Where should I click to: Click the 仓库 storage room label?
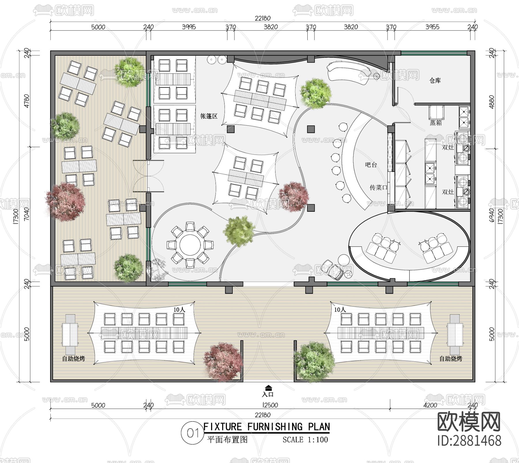click(435, 80)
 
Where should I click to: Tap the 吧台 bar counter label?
click(371, 165)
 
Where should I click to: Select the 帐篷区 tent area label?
click(209, 116)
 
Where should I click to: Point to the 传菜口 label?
click(378, 188)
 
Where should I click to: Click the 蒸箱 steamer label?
click(436, 123)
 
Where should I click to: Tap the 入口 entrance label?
click(268, 394)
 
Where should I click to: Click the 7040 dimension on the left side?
click(27, 214)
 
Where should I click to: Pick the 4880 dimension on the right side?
click(492, 102)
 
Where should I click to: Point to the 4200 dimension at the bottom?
click(430, 405)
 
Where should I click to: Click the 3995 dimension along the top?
click(189, 27)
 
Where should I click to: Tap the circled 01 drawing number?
click(192, 433)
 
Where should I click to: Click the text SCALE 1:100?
click(305, 440)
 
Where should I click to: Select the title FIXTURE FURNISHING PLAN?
click(266, 427)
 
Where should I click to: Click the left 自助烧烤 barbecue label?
click(74, 359)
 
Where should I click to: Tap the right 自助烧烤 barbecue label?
click(450, 359)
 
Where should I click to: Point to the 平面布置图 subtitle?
click(227, 440)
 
